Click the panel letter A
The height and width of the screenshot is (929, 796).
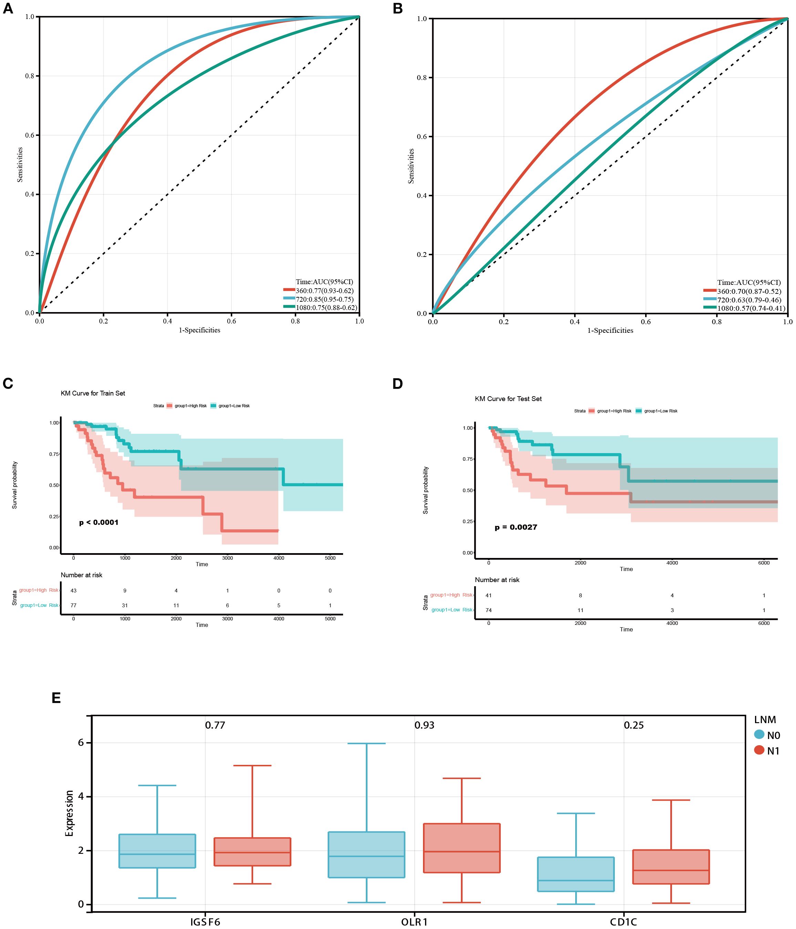point(8,9)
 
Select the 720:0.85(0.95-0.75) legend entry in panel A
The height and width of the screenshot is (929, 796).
point(324,299)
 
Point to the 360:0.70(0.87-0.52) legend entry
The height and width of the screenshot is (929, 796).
point(749,291)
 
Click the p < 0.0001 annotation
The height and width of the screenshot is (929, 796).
point(99,522)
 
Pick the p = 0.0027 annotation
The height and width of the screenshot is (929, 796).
point(516,527)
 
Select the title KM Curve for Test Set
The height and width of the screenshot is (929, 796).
point(508,399)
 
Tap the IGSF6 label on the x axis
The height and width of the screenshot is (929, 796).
point(205,922)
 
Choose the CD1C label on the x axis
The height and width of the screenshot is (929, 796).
point(623,922)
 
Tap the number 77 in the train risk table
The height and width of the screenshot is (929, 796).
point(73,605)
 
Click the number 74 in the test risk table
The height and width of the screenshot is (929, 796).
point(489,610)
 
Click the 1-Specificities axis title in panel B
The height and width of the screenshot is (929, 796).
point(610,330)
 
